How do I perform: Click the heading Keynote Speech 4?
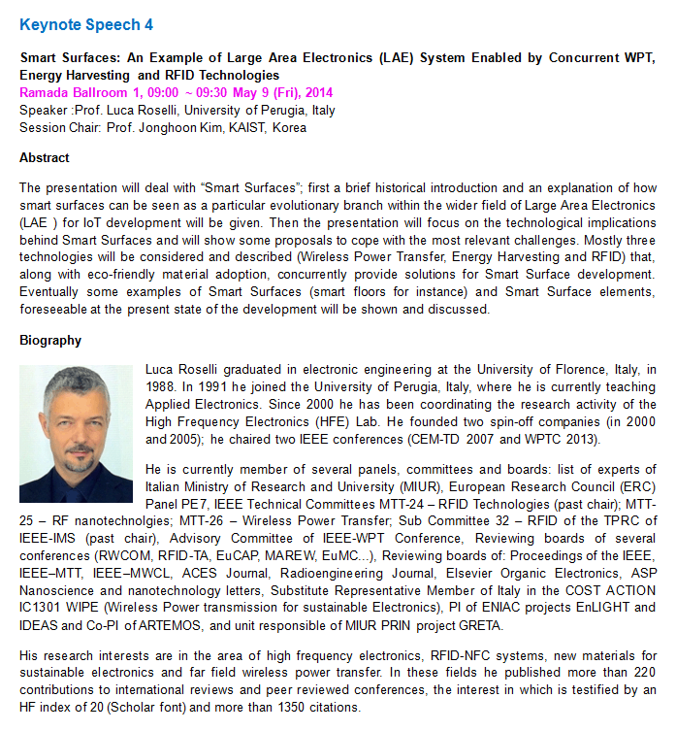85,24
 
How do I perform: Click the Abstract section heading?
45,157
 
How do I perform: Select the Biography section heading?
50,341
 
